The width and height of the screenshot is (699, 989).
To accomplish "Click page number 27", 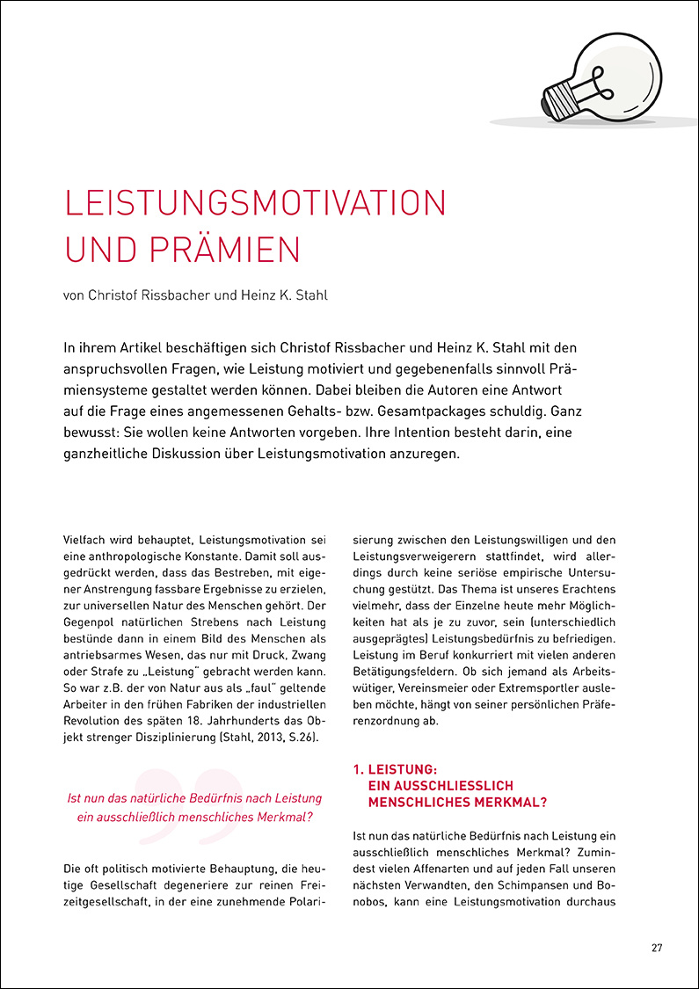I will [657, 948].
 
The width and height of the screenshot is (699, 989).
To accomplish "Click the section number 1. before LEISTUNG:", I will [358, 769].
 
